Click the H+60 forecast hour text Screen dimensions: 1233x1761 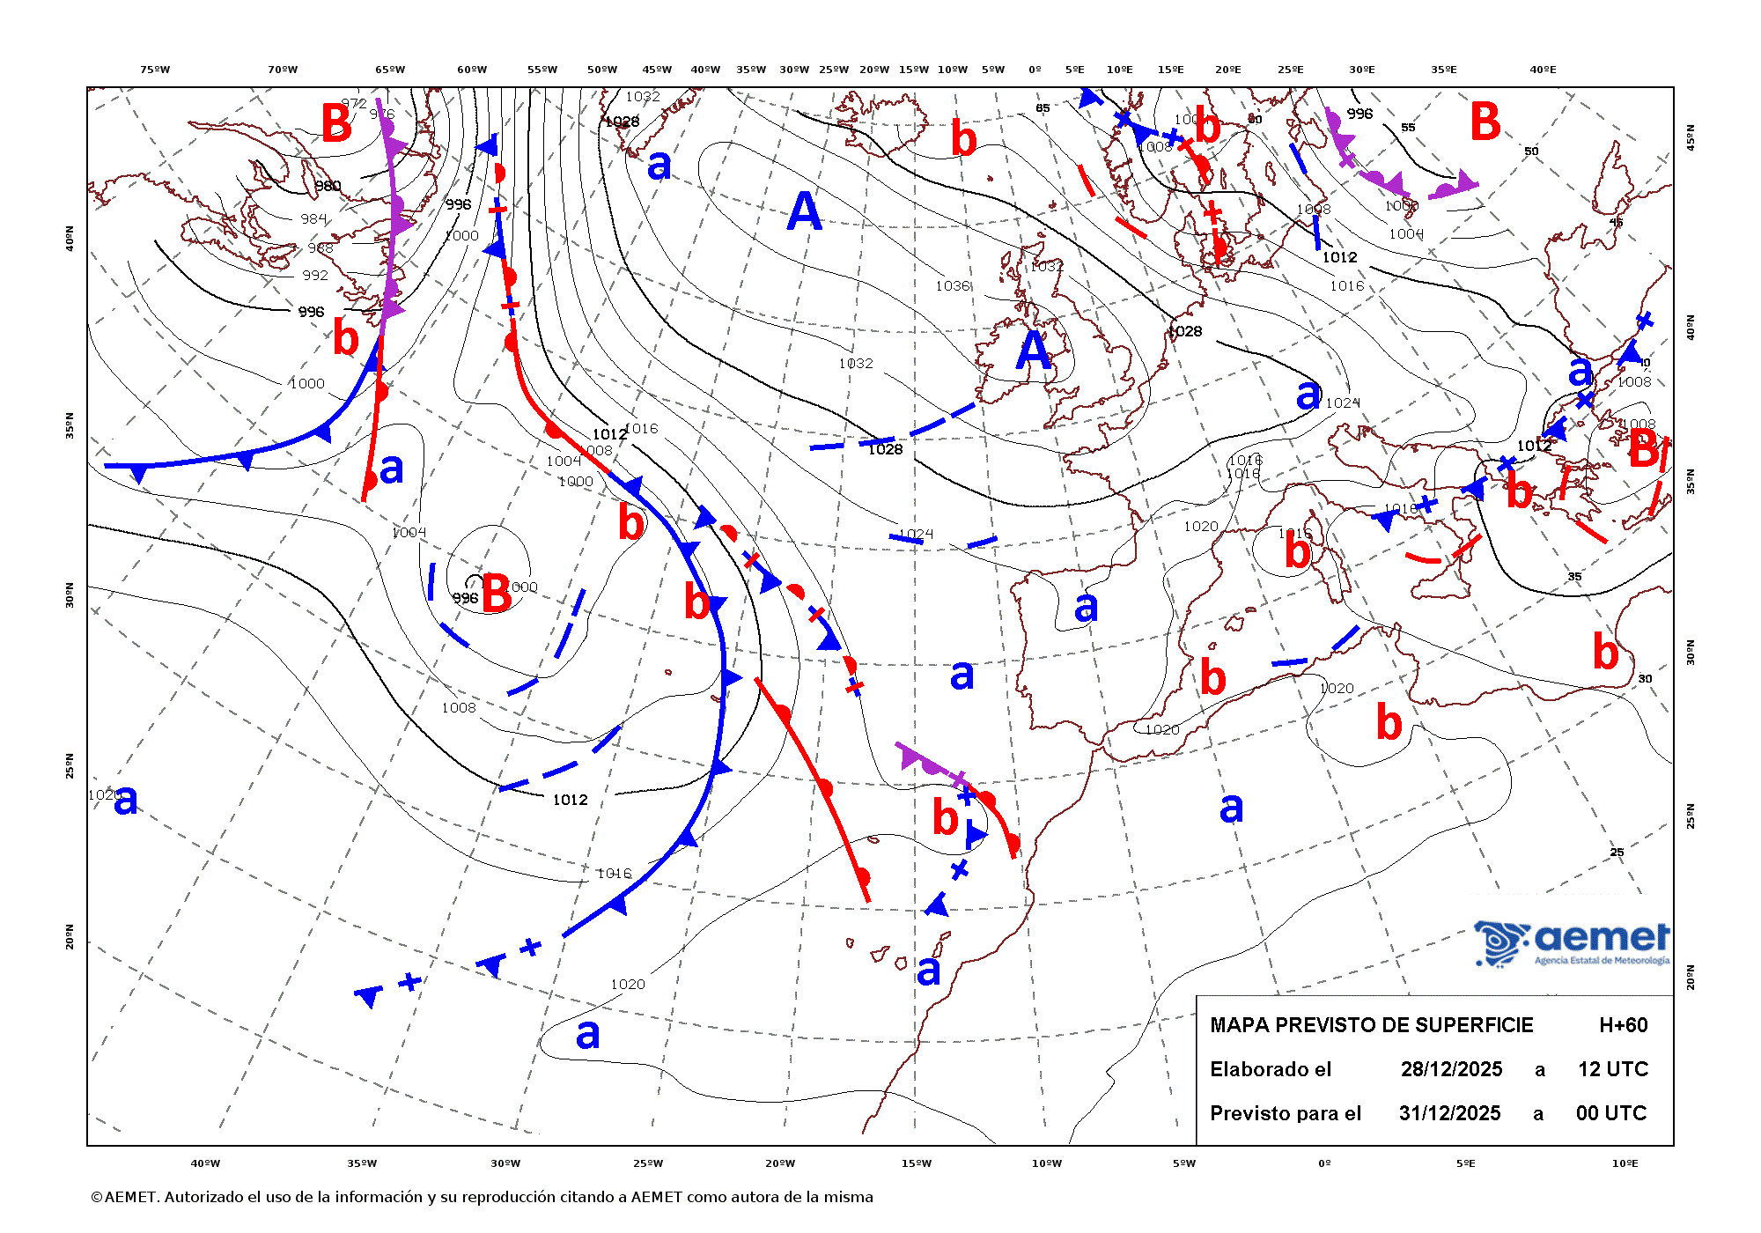coord(1623,1025)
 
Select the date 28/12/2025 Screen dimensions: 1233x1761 coord(1451,1069)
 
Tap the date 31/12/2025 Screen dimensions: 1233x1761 coord(1449,1113)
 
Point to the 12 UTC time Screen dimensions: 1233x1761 coord(1612,1069)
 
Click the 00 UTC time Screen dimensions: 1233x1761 coord(1610,1113)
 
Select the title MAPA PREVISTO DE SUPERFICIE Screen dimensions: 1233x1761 coord(1371,1025)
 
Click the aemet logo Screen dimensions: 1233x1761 coord(1573,942)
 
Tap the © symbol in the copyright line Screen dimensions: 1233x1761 coord(96,1198)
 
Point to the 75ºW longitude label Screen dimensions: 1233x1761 coord(155,70)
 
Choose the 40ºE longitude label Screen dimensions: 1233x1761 coord(1542,70)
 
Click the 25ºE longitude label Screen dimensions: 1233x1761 coord(1290,70)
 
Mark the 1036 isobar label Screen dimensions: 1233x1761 coord(953,286)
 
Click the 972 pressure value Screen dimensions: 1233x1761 coord(354,103)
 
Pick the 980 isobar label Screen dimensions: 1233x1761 coord(328,186)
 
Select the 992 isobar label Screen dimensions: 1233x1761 coord(314,275)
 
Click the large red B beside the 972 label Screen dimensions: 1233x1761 coord(336,123)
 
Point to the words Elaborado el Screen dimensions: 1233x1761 coord(1271,1069)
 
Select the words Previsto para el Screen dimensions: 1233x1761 coord(1285,1113)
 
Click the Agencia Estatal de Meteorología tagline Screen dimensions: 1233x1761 coord(1602,961)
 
